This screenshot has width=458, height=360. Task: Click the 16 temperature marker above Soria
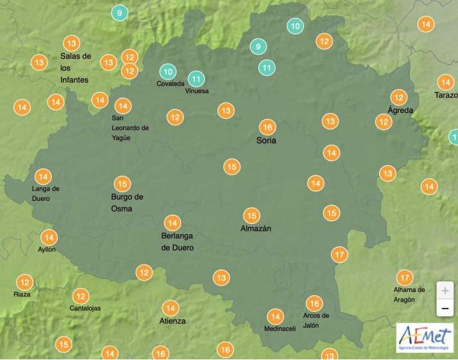click(267, 126)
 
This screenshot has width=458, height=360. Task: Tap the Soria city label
click(266, 140)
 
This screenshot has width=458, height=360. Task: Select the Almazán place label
click(256, 228)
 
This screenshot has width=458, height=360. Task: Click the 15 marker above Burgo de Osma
click(122, 184)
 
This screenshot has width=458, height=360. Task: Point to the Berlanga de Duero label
click(177, 241)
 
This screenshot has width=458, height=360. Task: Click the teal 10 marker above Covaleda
click(167, 71)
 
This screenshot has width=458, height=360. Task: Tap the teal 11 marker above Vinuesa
click(196, 80)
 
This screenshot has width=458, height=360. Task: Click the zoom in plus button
click(445, 290)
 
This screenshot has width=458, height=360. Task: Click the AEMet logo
click(425, 338)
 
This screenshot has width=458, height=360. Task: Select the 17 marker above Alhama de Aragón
click(404, 278)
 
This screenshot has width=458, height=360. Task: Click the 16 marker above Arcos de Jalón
click(314, 303)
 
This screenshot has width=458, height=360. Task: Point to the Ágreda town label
click(401, 110)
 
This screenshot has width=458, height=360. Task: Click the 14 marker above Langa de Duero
click(43, 176)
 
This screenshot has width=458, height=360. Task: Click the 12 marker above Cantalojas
click(80, 296)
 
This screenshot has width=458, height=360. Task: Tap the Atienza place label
click(173, 321)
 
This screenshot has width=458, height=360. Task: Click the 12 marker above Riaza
click(24, 282)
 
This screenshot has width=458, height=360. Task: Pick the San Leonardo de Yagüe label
click(130, 128)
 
